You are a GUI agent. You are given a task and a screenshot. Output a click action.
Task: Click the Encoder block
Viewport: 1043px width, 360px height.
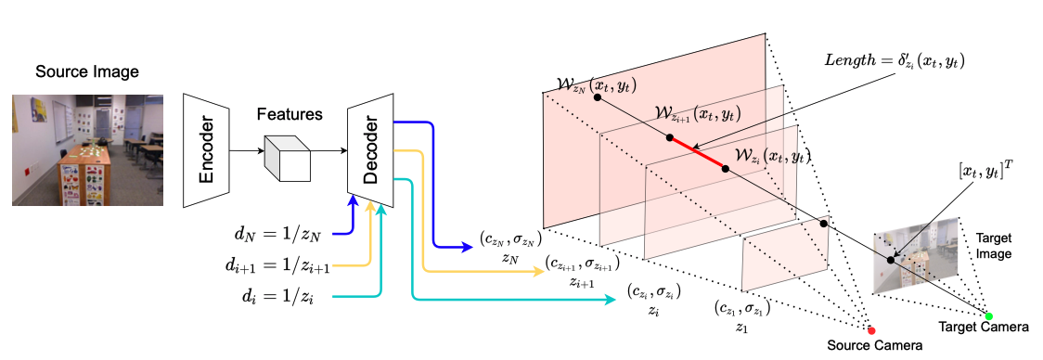[x=206, y=150]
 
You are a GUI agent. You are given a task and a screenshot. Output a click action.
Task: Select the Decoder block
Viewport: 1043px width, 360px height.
[x=370, y=150]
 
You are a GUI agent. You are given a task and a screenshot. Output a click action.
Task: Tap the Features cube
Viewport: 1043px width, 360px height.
[x=288, y=157]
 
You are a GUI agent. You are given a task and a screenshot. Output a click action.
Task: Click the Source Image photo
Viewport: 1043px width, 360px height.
[x=88, y=149]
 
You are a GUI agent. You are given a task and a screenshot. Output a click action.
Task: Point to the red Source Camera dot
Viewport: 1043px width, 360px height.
[x=871, y=329]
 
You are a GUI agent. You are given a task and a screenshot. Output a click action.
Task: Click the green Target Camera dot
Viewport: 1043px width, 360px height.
[x=988, y=316]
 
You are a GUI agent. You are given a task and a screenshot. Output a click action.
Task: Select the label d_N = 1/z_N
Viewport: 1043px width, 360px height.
[x=278, y=234]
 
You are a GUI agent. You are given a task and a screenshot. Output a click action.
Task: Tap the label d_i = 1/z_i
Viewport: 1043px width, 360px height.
[x=278, y=297]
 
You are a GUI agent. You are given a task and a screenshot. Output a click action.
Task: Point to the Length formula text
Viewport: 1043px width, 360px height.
[x=895, y=61]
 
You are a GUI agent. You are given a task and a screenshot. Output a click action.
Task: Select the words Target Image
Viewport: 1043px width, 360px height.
[x=995, y=245]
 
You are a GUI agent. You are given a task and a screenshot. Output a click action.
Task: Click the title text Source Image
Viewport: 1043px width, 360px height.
[x=87, y=71]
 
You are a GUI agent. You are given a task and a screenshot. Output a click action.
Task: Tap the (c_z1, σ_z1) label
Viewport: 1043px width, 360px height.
[x=742, y=309]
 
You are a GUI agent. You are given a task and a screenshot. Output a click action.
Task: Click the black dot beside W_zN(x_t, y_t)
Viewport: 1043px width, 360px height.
[x=598, y=97]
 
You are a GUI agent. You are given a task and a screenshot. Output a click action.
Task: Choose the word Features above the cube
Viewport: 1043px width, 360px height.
[x=290, y=114]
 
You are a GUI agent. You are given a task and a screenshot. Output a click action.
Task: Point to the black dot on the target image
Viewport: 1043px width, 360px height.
[x=891, y=260]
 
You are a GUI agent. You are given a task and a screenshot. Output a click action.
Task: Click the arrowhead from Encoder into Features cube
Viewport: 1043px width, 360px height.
[x=261, y=150]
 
